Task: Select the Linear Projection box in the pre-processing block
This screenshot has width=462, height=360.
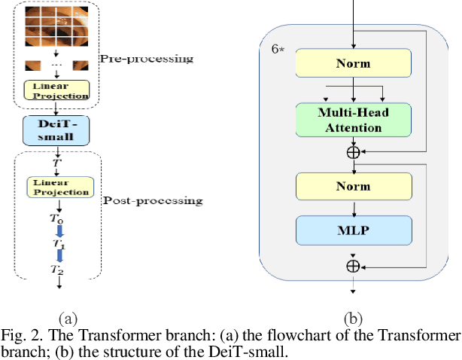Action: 57,90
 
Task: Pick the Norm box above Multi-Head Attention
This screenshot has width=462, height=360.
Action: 354,64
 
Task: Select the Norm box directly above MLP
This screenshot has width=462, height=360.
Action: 354,185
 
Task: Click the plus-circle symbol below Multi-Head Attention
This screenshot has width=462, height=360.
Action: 353,151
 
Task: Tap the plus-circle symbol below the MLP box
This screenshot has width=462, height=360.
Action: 353,265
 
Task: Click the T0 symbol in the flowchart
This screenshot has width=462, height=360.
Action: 57,218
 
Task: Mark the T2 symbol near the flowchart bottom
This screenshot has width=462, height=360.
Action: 57,269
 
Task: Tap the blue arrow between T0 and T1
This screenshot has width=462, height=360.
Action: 57,231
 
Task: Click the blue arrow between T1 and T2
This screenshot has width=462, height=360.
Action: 57,257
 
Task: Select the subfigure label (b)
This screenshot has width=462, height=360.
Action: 353,317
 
